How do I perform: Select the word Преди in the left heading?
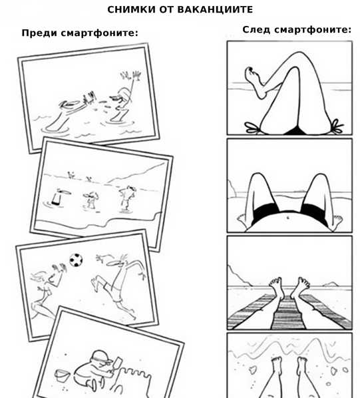[39, 33]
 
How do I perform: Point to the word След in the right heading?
[257, 29]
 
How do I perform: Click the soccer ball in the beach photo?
[76, 260]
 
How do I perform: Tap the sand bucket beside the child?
[62, 375]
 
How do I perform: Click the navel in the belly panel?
[287, 218]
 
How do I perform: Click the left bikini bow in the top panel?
[252, 128]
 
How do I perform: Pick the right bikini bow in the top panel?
[337, 126]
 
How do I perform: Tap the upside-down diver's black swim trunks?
[57, 200]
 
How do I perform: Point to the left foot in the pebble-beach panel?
[277, 365]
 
